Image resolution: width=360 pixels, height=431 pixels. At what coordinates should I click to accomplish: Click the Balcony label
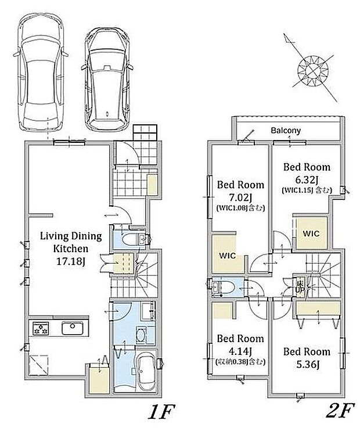[286, 130]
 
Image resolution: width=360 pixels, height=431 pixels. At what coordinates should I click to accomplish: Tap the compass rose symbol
[313, 71]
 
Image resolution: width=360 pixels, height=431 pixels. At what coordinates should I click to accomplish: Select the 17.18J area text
[71, 261]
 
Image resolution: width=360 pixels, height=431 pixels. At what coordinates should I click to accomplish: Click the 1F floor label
[161, 411]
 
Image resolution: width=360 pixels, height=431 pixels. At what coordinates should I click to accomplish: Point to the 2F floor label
[339, 411]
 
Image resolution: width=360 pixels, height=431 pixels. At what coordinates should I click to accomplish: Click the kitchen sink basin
[72, 328]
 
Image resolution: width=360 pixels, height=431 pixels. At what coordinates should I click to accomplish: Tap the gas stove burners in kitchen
[41, 328]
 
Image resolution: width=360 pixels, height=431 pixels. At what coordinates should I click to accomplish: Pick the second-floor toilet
[224, 288]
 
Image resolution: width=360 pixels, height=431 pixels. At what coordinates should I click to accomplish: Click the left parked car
[41, 72]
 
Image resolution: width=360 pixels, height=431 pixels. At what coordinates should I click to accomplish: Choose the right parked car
[107, 79]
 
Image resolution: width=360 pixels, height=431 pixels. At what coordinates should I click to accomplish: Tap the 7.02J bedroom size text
[240, 197]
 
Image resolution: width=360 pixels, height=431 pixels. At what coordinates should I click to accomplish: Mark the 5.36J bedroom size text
[307, 364]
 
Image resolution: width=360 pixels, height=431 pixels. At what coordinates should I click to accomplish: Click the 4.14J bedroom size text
[240, 351]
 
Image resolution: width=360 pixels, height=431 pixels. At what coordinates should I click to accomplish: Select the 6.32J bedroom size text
[307, 179]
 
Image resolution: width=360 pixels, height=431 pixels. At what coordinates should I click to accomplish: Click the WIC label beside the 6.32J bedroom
[311, 234]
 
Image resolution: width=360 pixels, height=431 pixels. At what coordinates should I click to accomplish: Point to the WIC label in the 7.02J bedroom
[228, 256]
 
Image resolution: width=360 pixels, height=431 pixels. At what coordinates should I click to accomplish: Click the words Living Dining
[71, 236]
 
